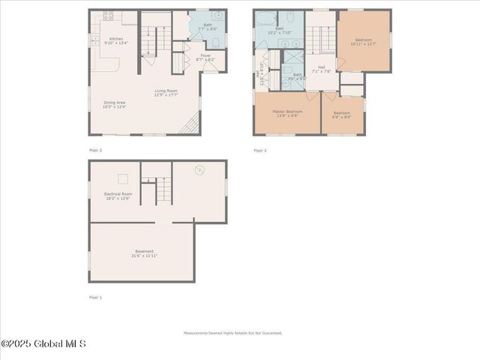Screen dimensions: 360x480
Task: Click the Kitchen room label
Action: (116, 40)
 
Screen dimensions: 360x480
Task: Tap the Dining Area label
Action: (115, 104)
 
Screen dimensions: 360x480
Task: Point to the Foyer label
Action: (205, 57)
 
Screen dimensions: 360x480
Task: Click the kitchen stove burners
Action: (108, 14)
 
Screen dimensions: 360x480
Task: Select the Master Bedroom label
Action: (286, 113)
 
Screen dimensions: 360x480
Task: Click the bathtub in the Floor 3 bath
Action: (265, 18)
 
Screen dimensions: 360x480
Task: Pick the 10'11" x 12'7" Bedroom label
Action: (363, 42)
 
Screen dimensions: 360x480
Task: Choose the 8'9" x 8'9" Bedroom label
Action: (342, 115)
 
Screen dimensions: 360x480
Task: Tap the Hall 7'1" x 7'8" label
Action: (321, 69)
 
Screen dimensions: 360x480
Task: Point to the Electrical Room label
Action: (118, 196)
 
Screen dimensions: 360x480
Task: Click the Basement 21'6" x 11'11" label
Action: (144, 253)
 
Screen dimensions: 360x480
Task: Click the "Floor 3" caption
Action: (259, 150)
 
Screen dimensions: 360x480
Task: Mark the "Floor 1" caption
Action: (95, 297)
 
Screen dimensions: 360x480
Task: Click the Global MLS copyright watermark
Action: (43, 344)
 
